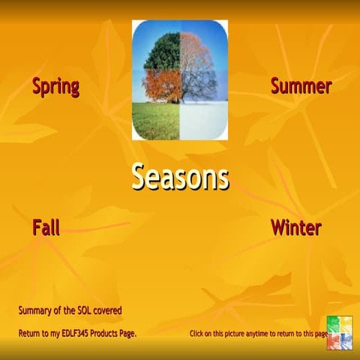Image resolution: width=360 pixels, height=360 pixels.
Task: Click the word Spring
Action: pyautogui.click(x=55, y=86)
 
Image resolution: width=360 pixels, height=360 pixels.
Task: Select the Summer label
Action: pyautogui.click(x=301, y=86)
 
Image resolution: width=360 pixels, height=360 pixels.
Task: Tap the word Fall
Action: pyautogui.click(x=46, y=227)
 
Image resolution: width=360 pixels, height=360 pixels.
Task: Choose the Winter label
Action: pyautogui.click(x=296, y=227)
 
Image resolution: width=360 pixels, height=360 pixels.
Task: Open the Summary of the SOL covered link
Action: pyautogui.click(x=70, y=310)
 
